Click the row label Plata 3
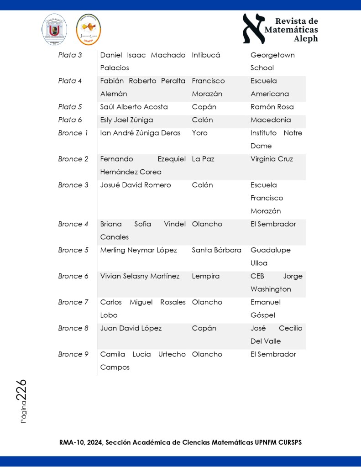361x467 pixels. coord(70,55)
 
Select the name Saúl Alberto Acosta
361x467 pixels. coord(134,107)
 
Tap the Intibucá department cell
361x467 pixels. coord(206,55)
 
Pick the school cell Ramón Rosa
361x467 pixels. coord(272,107)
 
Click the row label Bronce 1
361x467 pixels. coord(73,133)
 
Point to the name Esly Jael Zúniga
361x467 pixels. coord(126,120)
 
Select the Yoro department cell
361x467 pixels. coord(199,133)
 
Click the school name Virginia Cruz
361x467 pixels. coord(272,159)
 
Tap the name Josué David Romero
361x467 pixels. coord(136,185)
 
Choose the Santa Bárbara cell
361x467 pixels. coord(216,250)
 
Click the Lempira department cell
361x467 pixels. coord(205,276)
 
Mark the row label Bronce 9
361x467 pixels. coord(73,354)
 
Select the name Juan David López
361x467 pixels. coord(131,328)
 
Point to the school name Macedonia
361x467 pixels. coord(271,120)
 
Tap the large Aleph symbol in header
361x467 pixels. coord(253,28)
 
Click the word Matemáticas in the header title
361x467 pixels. coord(291,30)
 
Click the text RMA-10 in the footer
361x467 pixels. coord(70,442)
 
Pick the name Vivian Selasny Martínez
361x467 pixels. coord(140,276)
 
